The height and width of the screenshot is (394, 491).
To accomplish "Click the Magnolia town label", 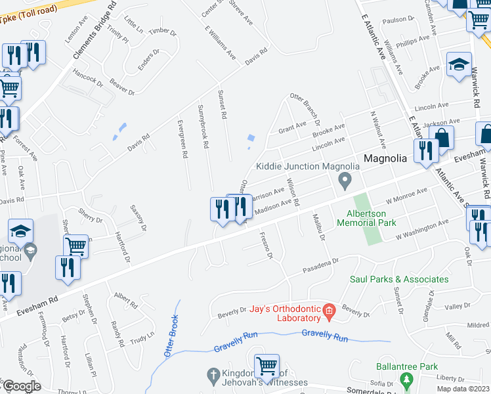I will (387, 159).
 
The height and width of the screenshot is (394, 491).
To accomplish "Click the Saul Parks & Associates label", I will (399, 279).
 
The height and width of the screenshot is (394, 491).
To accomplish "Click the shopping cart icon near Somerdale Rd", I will (267, 365).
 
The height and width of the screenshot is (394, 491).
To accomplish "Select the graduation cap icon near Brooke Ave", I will (459, 64).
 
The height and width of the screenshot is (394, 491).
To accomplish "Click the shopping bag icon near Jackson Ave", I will (443, 138).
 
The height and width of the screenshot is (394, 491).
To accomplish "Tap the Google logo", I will (21, 386).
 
